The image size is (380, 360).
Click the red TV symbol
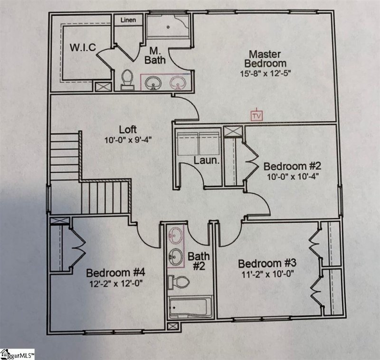tap(257, 115)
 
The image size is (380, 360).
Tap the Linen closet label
tap(128, 20)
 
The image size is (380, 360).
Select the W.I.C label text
tap(83, 47)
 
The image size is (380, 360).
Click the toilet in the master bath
tap(127, 79)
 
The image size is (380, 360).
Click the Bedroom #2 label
tap(293, 166)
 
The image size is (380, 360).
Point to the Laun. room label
tap(206, 161)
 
